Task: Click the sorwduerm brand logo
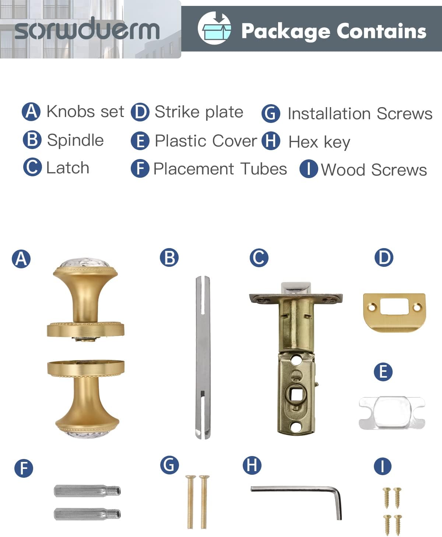pos(87,29)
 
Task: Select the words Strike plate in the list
pos(199,112)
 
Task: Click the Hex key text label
pos(319,142)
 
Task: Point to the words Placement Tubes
pos(220,169)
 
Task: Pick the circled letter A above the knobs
pos(21,258)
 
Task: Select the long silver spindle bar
pos(203,357)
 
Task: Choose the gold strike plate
pos(394,311)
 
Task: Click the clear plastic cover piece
pos(392,413)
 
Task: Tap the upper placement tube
pos(87,491)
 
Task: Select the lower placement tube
pos(87,514)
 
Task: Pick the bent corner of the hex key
pos(338,492)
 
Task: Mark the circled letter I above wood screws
pos(382,466)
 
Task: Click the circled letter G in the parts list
pos(271,113)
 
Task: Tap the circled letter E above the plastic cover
pos(383,372)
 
